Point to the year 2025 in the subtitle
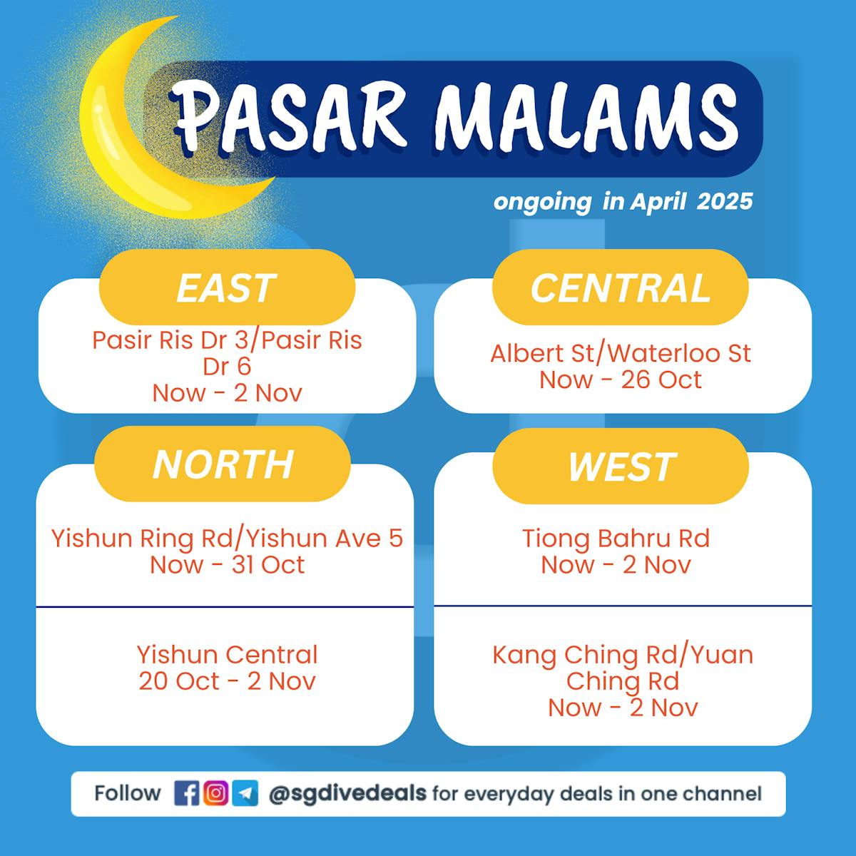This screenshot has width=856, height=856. pos(725,201)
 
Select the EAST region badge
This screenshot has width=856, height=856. pos(227,287)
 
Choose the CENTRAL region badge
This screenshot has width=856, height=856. pos(621,287)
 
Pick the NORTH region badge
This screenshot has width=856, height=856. pos(223,464)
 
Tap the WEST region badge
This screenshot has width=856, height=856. pos(621,466)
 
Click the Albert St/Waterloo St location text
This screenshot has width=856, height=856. pos(621,354)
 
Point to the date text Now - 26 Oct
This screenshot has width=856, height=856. pos(621,379)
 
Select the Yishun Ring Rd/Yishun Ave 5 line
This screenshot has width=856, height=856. pos(227,538)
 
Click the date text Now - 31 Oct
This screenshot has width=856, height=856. pos(227,564)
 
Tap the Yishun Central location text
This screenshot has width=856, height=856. pos(227,654)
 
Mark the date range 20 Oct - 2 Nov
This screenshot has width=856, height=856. pos(227,681)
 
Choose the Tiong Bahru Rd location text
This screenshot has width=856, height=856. pos(616,538)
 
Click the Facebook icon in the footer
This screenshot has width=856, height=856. pos(187,793)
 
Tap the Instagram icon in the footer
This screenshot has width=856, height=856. pos(216,793)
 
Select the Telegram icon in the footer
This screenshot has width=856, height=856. pos(245,793)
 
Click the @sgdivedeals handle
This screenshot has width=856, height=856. pos(347,793)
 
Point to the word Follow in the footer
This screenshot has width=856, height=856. pos(128,793)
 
